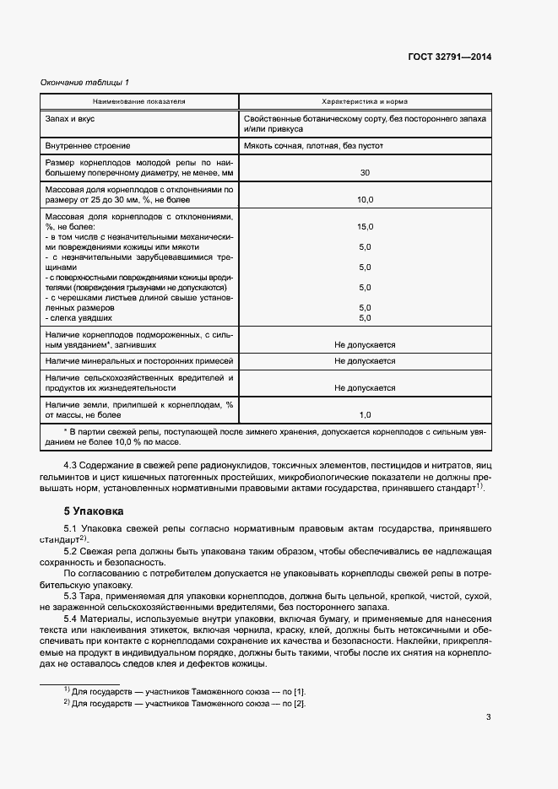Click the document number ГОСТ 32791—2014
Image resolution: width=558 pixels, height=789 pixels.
coord(451,57)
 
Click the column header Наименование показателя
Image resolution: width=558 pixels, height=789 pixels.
coord(139,100)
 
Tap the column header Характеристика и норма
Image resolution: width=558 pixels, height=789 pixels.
coord(365,100)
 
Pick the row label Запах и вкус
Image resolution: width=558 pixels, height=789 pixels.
coord(75,119)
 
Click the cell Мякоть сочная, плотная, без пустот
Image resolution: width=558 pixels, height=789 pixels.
coord(313,145)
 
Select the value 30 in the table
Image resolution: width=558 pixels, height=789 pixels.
coord(365,172)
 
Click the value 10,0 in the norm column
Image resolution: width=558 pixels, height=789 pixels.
coord(365,200)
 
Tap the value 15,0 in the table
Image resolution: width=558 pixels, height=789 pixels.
coord(365,227)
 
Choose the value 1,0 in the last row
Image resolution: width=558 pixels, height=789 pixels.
coord(365,414)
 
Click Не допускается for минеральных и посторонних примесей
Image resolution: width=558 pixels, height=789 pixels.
coord(365,360)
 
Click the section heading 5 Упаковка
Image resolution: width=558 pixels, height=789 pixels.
coord(94,511)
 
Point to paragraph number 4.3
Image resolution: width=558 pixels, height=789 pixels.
coord(73,466)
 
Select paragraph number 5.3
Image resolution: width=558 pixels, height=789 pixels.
coord(73,596)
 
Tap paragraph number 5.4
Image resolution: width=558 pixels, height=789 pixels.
coord(73,619)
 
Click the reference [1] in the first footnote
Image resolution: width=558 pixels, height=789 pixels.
coord(288,691)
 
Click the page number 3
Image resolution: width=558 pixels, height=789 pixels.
coord(488,718)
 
